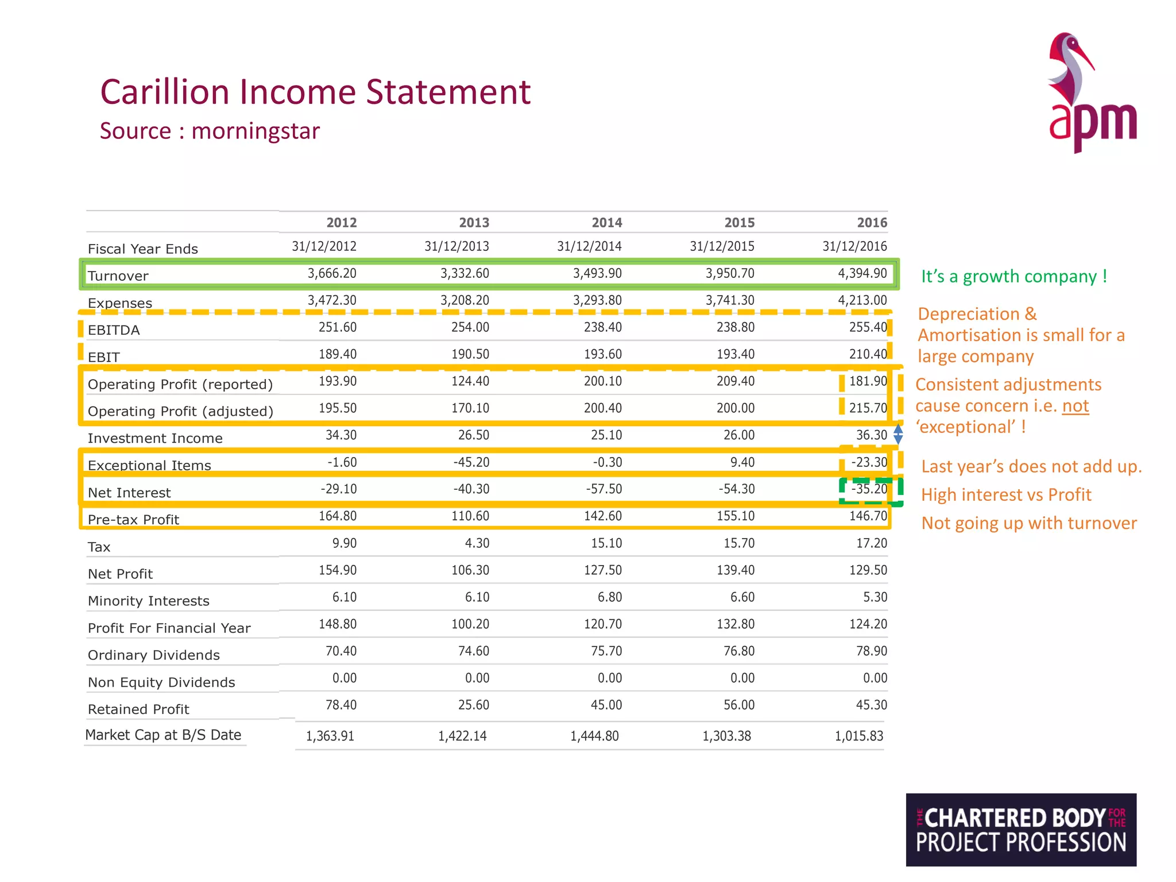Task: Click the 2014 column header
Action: tap(606, 223)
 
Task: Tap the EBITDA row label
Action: tap(114, 330)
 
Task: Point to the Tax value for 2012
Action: tap(344, 543)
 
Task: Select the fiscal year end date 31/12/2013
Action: tap(457, 247)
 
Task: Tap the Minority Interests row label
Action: tap(148, 601)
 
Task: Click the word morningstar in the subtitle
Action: tap(256, 131)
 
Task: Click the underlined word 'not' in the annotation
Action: tap(1075, 406)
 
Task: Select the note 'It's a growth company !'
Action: tap(1013, 277)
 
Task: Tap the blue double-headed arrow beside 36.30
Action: tap(898, 434)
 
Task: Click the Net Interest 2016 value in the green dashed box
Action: tap(869, 489)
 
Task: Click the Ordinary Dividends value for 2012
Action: tap(341, 651)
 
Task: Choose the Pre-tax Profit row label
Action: tap(133, 520)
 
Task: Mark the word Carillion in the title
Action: tap(165, 92)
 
